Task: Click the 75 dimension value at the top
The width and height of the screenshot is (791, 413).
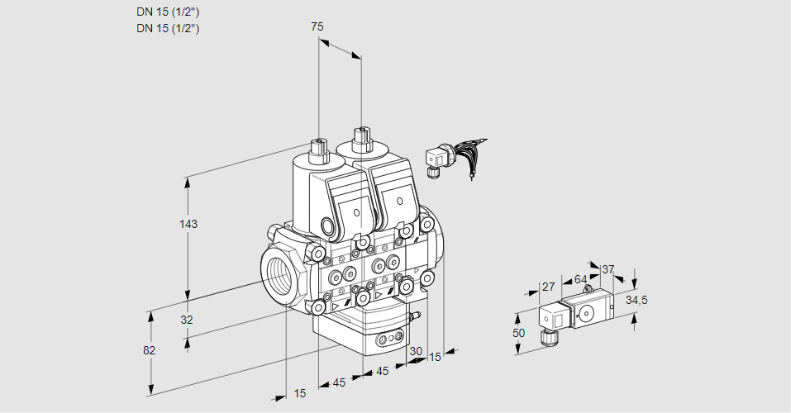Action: pos(317,26)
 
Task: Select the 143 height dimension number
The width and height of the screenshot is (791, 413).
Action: pos(189,224)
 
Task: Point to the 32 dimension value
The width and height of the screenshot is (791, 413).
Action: pos(187,320)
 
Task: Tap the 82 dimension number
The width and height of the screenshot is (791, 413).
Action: pos(149,350)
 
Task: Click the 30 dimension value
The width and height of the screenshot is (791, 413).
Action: pos(415,350)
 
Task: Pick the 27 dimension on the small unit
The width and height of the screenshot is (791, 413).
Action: pos(548,287)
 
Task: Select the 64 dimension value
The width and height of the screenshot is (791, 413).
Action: pos(580,279)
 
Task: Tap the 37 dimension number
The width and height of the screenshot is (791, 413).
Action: pos(608,269)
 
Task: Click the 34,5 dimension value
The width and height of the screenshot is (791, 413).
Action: pos(636,300)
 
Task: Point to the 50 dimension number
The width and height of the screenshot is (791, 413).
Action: pos(518,333)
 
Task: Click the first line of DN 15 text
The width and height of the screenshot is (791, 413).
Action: pos(168,12)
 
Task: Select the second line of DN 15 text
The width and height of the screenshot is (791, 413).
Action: pos(168,28)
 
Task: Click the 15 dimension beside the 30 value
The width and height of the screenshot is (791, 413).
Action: pos(435,357)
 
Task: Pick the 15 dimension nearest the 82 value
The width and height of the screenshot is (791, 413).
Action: pos(300,393)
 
